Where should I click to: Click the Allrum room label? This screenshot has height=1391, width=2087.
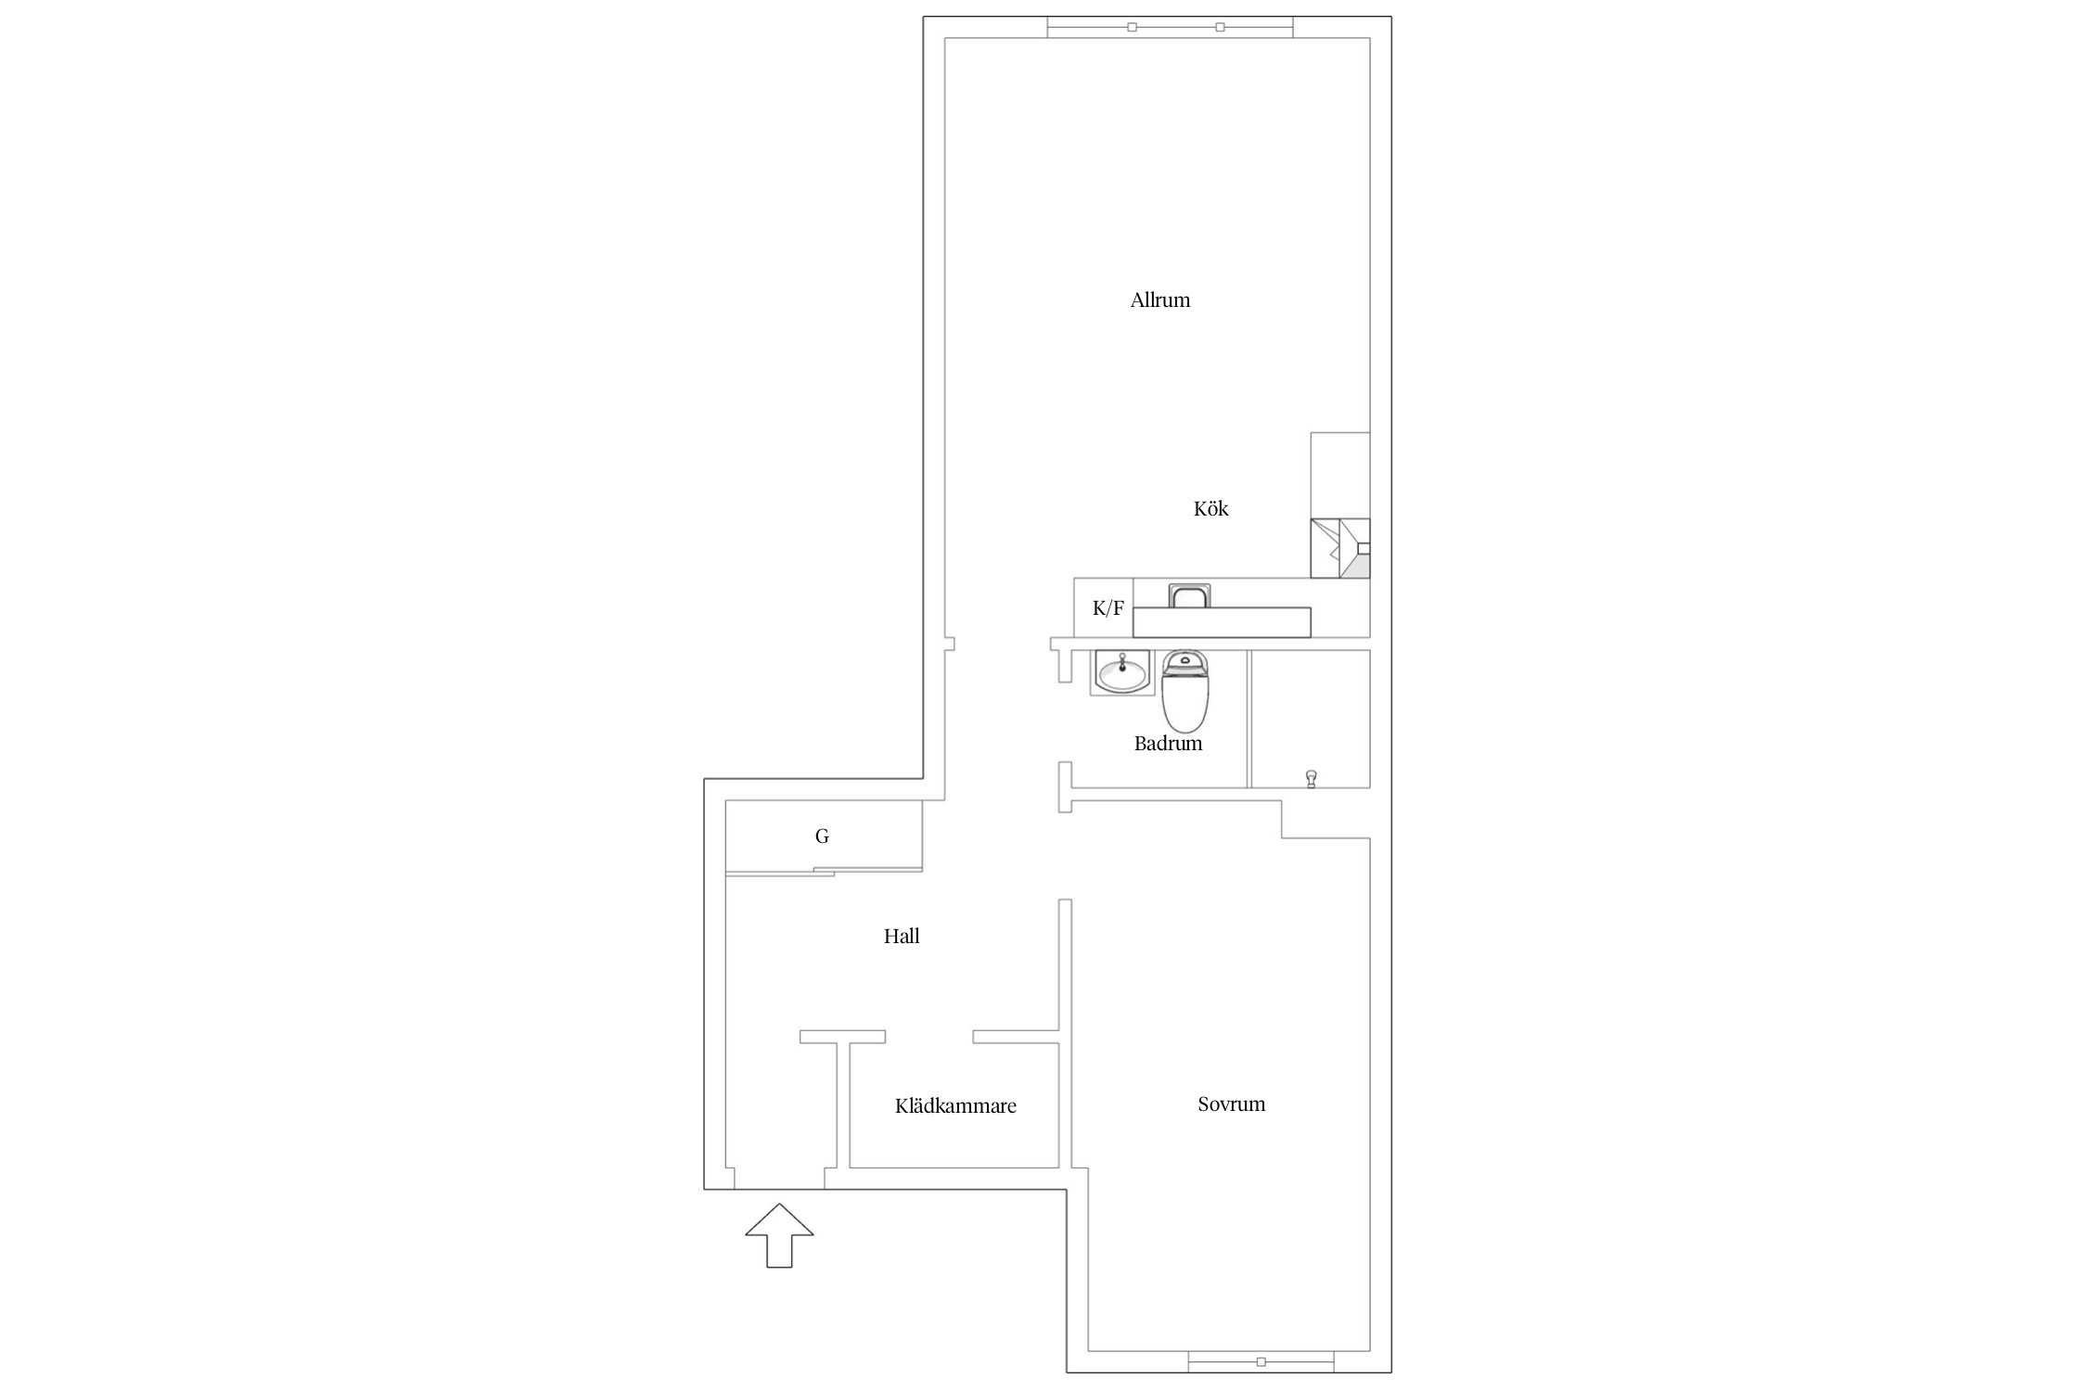click(x=1159, y=300)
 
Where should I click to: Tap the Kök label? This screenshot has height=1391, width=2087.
click(x=1210, y=508)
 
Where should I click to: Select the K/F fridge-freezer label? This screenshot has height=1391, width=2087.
click(x=1108, y=608)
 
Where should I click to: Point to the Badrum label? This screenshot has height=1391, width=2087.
click(x=1168, y=743)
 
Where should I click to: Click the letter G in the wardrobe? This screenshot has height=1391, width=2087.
click(x=822, y=836)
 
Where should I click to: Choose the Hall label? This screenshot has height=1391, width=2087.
click(x=901, y=937)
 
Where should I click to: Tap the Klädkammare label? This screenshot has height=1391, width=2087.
click(x=955, y=1105)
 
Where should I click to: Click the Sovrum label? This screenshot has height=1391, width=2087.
click(x=1231, y=1104)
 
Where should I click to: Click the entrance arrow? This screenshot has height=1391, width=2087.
click(x=779, y=1235)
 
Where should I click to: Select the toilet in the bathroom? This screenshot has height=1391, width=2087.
click(x=1185, y=691)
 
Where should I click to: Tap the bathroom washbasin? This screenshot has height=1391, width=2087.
click(x=1122, y=671)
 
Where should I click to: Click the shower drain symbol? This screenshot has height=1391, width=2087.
click(x=1311, y=778)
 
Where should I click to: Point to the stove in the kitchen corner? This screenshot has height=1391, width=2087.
click(x=1339, y=548)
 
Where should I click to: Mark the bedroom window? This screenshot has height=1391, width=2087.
click(x=1261, y=1361)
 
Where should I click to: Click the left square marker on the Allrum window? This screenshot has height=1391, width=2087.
click(x=1132, y=27)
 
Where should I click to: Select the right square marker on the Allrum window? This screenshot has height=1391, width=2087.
click(x=1220, y=27)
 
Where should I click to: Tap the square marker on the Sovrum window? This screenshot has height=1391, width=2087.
click(x=1261, y=1362)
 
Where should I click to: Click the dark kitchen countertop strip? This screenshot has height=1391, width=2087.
click(x=1222, y=622)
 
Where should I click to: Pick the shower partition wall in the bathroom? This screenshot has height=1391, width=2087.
click(x=1248, y=719)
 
